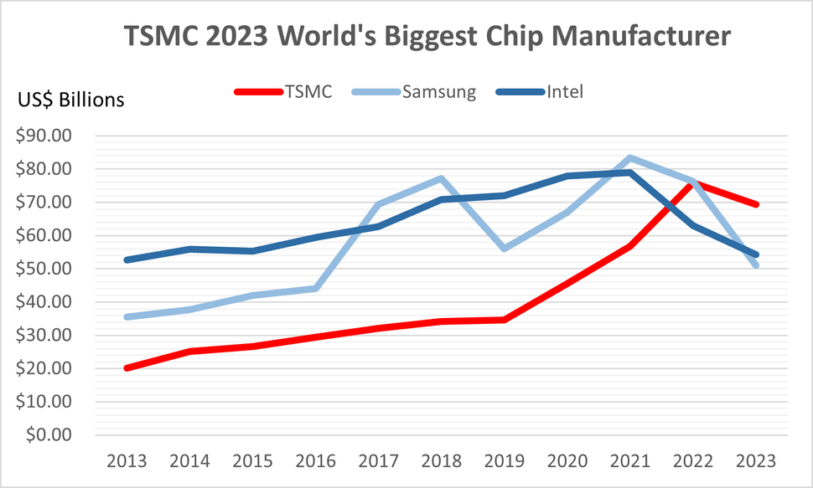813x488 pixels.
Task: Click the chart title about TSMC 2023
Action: pos(427,38)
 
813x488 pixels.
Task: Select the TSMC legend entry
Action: pos(306,92)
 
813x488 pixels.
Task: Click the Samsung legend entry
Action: pos(439,92)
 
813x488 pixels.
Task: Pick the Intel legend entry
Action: pos(564,92)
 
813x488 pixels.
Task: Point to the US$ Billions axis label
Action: pos(71,100)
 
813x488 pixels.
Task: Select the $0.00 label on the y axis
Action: pos(53,435)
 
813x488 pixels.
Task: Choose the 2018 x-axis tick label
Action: pos(442,461)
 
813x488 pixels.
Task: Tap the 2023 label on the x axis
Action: pos(757,461)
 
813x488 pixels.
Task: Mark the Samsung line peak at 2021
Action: pos(630,158)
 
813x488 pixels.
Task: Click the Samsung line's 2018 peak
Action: pos(442,178)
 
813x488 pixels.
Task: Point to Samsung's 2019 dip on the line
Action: pos(505,249)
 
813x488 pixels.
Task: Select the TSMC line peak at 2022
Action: pos(694,182)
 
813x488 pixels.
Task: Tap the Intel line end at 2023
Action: pos(757,254)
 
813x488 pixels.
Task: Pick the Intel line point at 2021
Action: pos(630,172)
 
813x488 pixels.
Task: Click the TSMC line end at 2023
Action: pos(757,204)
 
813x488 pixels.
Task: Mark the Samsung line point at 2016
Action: pos(316,288)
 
